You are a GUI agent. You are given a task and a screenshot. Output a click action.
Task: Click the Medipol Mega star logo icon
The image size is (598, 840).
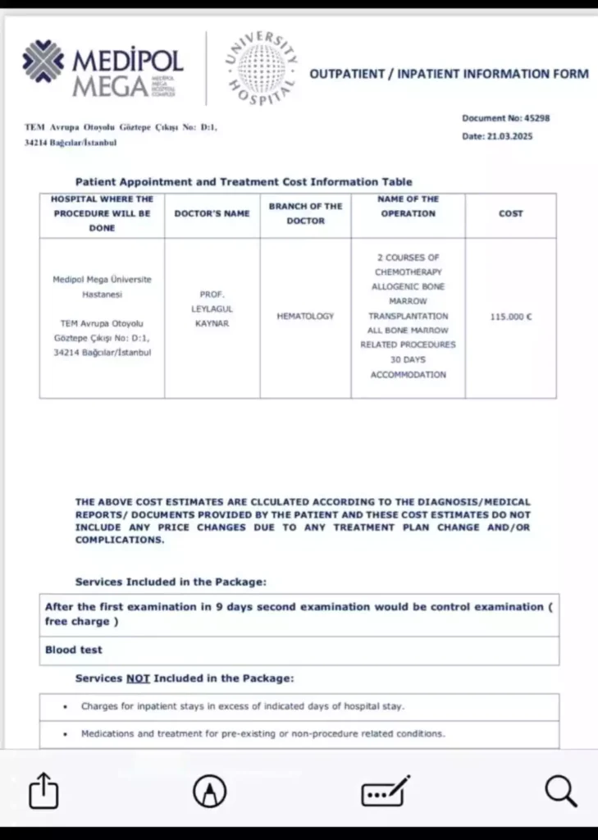(x=43, y=62)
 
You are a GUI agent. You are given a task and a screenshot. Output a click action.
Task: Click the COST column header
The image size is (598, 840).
(x=510, y=213)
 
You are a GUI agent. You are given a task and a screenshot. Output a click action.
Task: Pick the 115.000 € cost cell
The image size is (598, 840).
(x=510, y=316)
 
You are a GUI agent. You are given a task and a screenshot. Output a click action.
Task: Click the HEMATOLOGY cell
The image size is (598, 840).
(x=305, y=316)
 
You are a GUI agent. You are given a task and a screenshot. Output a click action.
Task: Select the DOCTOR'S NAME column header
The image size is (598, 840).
(x=212, y=213)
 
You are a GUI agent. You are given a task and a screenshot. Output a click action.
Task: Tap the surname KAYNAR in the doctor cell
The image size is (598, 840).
(x=212, y=323)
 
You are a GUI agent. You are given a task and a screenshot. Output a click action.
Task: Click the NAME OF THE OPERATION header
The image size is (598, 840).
(x=408, y=206)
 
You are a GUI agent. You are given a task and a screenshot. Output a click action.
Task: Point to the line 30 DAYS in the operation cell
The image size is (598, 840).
(x=408, y=360)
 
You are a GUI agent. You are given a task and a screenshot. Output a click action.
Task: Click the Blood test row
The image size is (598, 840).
(x=74, y=650)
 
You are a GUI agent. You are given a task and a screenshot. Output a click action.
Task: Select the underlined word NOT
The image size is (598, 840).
(x=138, y=678)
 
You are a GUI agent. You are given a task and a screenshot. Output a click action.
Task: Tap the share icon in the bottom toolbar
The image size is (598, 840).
(x=44, y=791)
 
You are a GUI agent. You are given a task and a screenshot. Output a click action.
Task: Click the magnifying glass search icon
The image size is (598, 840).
(x=560, y=791)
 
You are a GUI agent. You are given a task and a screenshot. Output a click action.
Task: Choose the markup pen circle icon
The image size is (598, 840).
(x=210, y=791)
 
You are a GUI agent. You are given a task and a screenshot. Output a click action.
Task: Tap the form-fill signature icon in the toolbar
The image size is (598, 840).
(x=385, y=791)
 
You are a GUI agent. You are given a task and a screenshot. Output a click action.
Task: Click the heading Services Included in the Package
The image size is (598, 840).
(x=171, y=582)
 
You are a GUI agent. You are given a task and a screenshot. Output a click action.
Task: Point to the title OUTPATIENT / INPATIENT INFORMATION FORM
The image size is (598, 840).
(x=449, y=74)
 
